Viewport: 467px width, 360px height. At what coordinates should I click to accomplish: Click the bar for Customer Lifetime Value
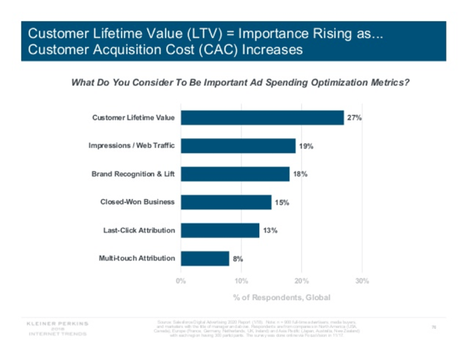point(262,117)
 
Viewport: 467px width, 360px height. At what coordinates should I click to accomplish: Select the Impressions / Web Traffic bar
point(238,145)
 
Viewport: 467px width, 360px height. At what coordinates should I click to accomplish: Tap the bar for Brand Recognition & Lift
point(235,174)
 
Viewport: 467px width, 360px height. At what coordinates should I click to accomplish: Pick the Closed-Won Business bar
point(226,202)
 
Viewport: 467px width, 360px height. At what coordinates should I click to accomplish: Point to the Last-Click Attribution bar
point(219,230)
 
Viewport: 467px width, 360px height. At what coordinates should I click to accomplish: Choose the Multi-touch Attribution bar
point(205,258)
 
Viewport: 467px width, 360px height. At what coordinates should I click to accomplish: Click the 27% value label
point(355,117)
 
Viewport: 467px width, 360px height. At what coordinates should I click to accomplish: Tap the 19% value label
point(307,145)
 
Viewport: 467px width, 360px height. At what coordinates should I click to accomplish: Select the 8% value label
point(238,258)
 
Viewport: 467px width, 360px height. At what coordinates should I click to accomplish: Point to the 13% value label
point(270,230)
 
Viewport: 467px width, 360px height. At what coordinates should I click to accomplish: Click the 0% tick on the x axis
point(181,279)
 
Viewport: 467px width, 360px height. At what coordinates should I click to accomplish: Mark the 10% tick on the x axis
point(241,279)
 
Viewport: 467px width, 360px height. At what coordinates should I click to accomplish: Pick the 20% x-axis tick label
point(301,279)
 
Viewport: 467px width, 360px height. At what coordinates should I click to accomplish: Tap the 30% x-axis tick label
point(361,279)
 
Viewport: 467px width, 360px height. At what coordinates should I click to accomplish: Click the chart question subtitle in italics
point(240,82)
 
